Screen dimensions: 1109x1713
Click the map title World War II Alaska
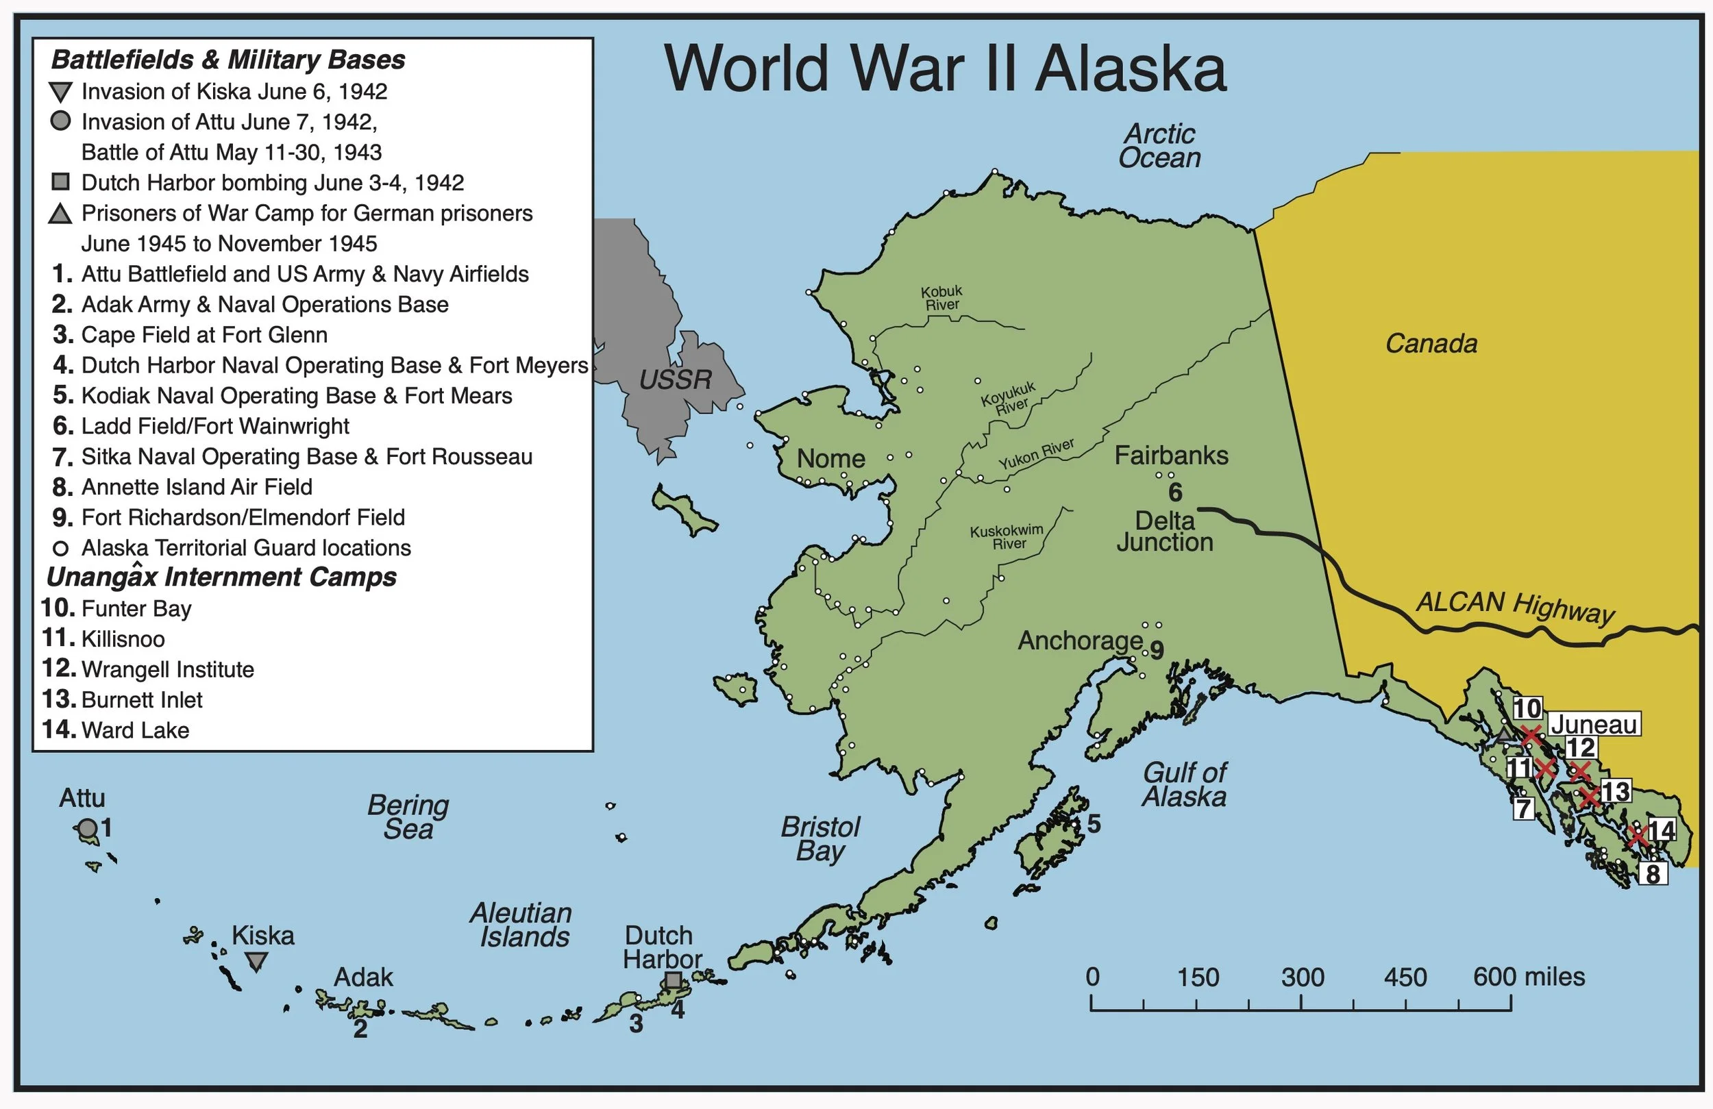(x=944, y=69)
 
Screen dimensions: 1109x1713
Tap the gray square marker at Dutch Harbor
(x=672, y=980)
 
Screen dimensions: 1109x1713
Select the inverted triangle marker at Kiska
(x=256, y=962)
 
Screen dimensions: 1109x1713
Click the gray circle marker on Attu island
(x=87, y=829)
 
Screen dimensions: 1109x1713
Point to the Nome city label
(x=830, y=458)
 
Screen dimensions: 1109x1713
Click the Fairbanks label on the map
(x=1171, y=456)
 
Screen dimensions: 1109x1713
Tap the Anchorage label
(x=1080, y=640)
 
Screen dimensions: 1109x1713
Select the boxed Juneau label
(x=1594, y=724)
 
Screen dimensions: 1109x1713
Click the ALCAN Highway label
(x=1515, y=606)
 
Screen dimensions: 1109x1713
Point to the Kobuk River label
(x=941, y=298)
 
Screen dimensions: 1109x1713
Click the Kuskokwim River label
(x=1006, y=537)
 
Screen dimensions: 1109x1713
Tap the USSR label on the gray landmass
(x=675, y=379)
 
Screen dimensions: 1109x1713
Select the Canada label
(x=1431, y=343)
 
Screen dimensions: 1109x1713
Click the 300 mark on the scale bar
(x=1302, y=977)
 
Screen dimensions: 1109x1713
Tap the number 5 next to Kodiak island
(x=1094, y=824)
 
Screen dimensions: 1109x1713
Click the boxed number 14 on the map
(x=1661, y=830)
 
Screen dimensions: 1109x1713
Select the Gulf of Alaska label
(x=1184, y=784)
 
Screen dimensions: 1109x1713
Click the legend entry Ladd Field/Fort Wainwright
(x=214, y=426)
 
